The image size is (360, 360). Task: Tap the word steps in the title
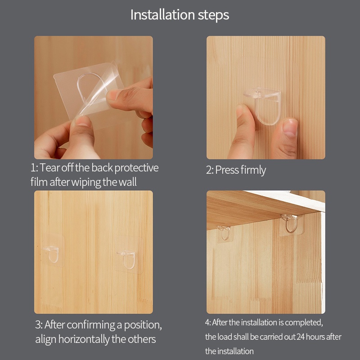coord(213,15)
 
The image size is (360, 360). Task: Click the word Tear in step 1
coord(50,167)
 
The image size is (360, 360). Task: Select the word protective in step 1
coord(136,168)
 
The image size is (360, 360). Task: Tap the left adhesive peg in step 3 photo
coord(52,254)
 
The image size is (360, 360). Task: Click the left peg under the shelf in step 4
coord(224,232)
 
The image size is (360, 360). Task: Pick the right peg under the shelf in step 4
coord(290,223)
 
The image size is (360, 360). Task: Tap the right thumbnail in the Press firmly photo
coord(290,127)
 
